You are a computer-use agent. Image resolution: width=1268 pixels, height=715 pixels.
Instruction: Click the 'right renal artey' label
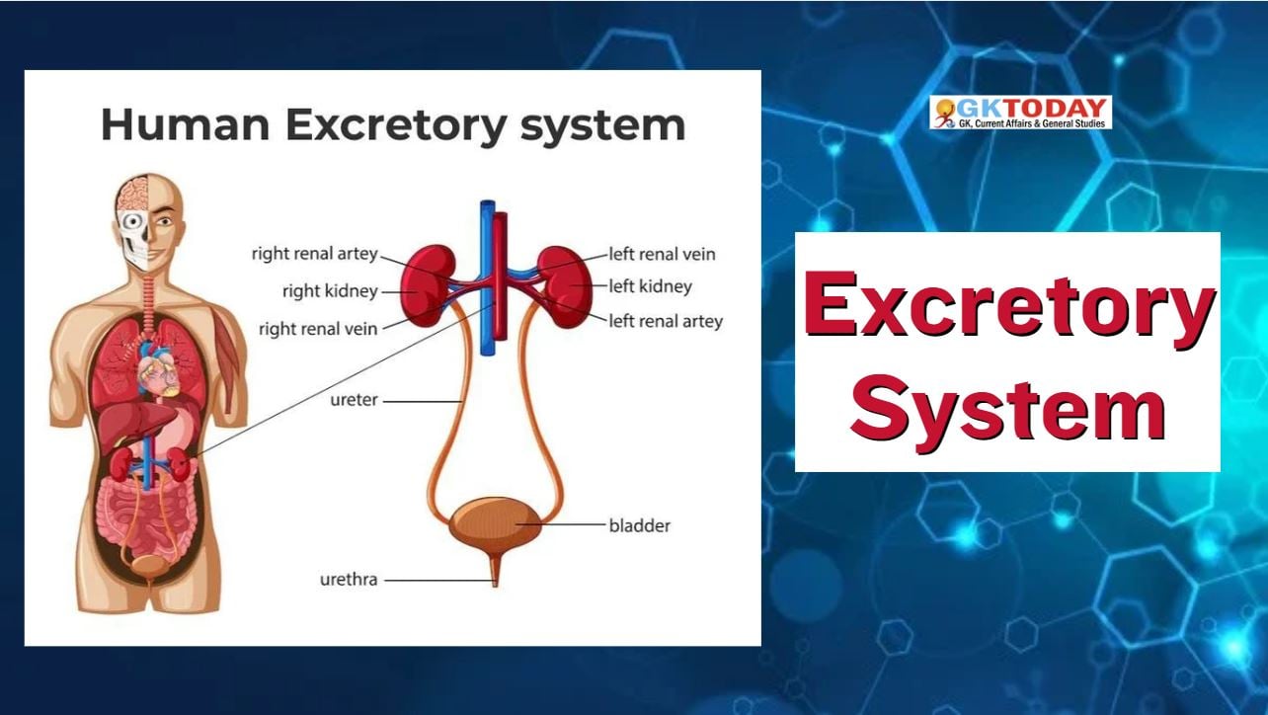pos(315,254)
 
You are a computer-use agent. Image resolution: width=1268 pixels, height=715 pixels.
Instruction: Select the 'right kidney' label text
pos(330,291)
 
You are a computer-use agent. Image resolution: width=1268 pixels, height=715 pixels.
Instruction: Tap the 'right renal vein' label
pos(318,329)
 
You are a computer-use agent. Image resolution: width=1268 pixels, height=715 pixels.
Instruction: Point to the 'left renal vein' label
pos(663,254)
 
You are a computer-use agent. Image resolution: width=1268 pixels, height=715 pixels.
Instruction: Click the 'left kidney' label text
pos(651,286)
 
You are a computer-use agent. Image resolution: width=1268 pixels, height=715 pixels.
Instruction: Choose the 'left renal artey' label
pos(666,322)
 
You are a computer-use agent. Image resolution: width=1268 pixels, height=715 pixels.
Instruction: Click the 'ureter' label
pos(354,400)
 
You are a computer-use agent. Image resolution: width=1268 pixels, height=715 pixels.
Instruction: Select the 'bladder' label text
pos(640,526)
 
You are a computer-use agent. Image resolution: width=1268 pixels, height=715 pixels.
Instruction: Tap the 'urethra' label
pos(349,580)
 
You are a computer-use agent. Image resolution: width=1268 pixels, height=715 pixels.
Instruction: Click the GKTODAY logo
pos(1020,113)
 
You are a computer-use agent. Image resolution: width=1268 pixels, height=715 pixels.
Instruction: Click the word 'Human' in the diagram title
pos(185,124)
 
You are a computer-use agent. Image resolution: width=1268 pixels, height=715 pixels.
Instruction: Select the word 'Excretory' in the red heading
pos(1009,305)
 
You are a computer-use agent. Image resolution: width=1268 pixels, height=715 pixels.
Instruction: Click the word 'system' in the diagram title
pos(602,126)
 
